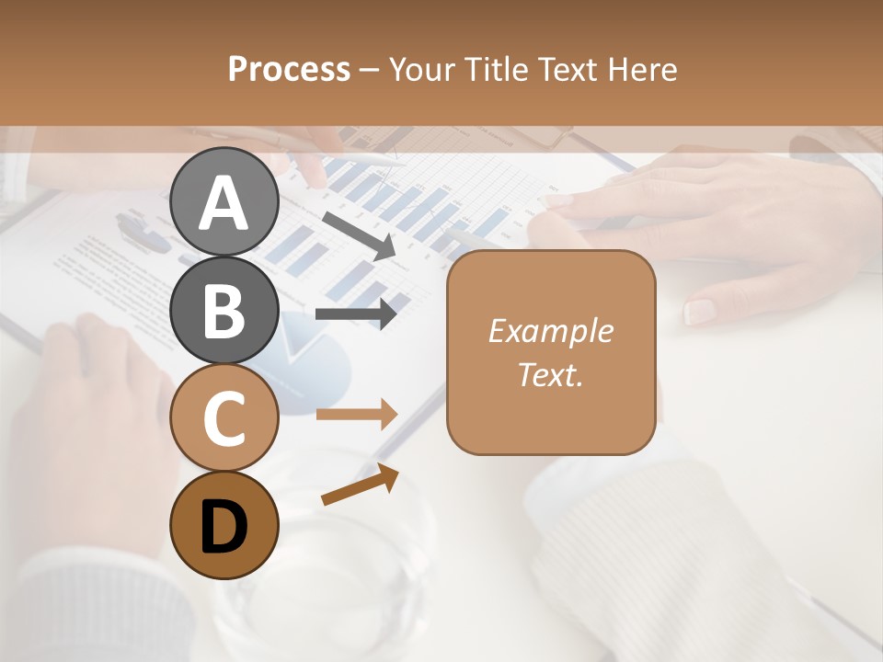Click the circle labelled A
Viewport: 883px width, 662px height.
[x=224, y=201]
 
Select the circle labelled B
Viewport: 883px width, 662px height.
[x=224, y=310]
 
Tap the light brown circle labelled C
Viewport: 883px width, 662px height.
[x=224, y=417]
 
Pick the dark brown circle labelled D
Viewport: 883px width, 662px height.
[x=224, y=525]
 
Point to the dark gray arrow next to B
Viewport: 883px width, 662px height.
[x=357, y=314]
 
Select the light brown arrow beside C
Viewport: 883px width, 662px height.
[x=357, y=415]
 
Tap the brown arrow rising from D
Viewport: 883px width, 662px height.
[x=360, y=485]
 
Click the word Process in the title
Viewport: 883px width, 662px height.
[x=289, y=69]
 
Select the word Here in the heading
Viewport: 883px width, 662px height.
[x=643, y=69]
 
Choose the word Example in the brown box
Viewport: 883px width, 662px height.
[x=550, y=331]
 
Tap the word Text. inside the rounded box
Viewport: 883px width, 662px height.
[x=550, y=374]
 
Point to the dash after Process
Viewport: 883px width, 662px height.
[x=370, y=70]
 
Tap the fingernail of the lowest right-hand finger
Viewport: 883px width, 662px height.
[x=701, y=311]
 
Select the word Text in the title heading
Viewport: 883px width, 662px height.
[x=570, y=69]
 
